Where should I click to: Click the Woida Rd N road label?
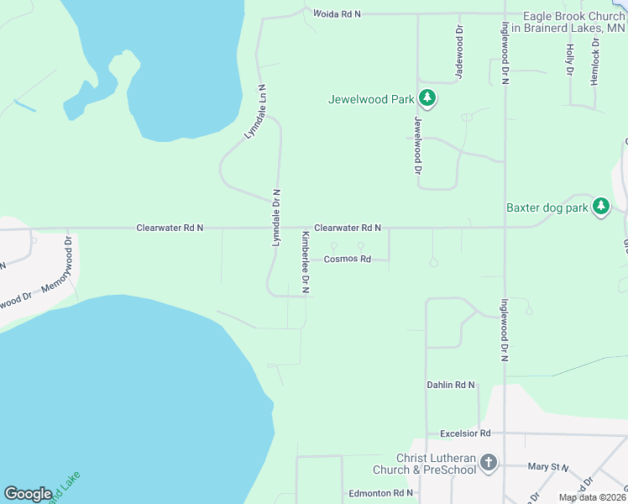(337, 14)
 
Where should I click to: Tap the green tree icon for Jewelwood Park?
(428, 99)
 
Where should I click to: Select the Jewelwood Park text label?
(371, 100)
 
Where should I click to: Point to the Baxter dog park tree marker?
(600, 207)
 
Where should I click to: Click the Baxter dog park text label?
(546, 207)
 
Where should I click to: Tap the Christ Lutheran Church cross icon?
(489, 462)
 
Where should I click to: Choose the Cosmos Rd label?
(348, 260)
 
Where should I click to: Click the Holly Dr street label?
(570, 60)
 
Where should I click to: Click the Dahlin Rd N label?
(451, 385)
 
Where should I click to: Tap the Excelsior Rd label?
(465, 433)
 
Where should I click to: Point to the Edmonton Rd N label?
(380, 493)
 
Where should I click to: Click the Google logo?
(29, 494)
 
